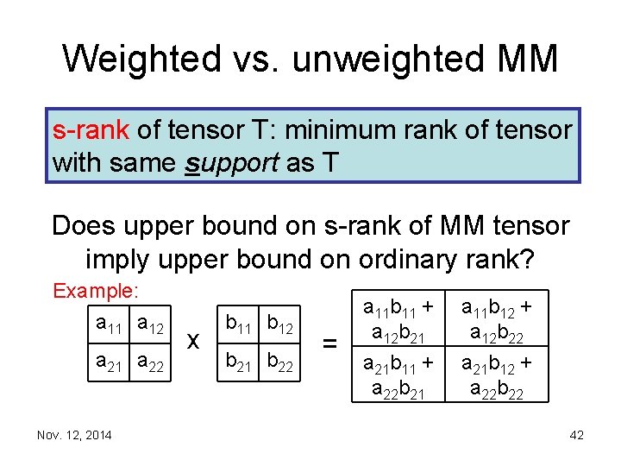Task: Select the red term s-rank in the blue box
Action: pos(91,130)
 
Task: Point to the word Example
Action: pos(96,290)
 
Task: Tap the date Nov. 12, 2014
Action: pos(74,435)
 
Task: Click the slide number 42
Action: pos(576,435)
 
